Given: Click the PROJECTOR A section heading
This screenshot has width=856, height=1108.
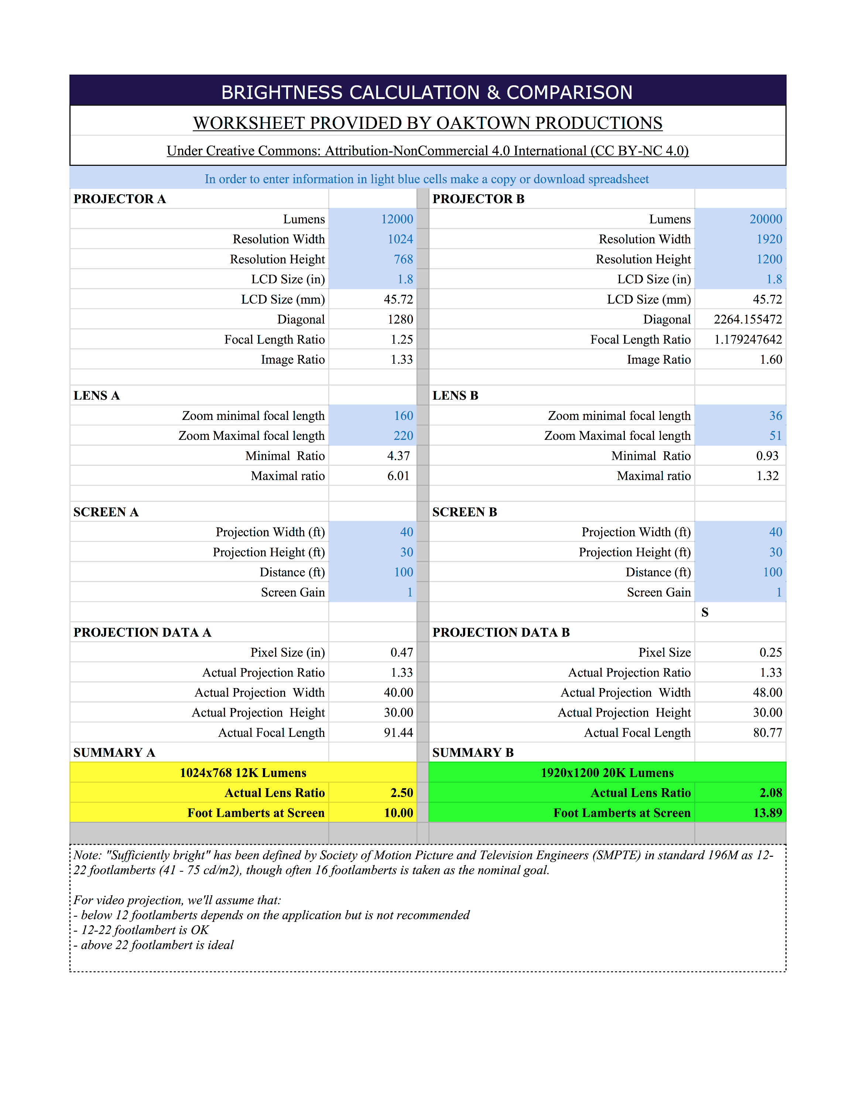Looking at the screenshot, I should pyautogui.click(x=120, y=199).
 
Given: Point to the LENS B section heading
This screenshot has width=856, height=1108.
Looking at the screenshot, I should pyautogui.click(x=455, y=396).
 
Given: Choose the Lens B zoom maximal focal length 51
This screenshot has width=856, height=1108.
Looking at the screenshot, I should pyautogui.click(x=775, y=436).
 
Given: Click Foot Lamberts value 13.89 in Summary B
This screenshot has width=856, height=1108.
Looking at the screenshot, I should pyautogui.click(x=767, y=813).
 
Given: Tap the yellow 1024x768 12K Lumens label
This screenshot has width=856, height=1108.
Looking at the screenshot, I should pyautogui.click(x=243, y=773).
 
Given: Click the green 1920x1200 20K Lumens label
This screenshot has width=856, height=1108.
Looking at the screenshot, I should pyautogui.click(x=607, y=773).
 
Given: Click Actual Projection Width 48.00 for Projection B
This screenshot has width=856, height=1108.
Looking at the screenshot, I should pyautogui.click(x=767, y=692).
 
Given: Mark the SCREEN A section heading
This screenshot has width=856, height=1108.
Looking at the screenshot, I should pyautogui.click(x=106, y=512).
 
